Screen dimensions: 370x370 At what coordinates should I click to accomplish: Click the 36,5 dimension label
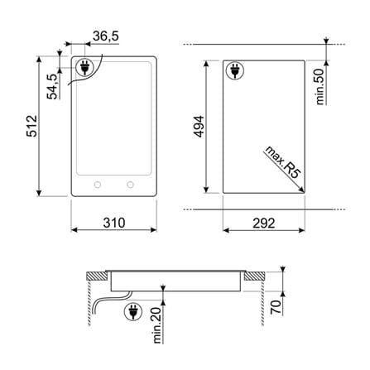click(106, 36)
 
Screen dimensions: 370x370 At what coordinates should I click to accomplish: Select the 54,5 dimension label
click(52, 87)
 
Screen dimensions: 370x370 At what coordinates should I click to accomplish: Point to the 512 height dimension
click(31, 126)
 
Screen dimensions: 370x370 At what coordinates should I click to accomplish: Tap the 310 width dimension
click(114, 223)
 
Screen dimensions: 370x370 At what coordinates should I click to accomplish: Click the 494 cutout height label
click(199, 127)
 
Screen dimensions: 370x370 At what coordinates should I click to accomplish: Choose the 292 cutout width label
click(264, 223)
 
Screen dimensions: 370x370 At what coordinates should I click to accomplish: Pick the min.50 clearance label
click(320, 87)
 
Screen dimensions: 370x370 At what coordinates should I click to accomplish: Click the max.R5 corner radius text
click(282, 162)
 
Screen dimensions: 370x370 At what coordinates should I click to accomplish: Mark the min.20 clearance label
click(156, 325)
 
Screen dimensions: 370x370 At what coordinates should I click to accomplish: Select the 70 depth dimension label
click(276, 306)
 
